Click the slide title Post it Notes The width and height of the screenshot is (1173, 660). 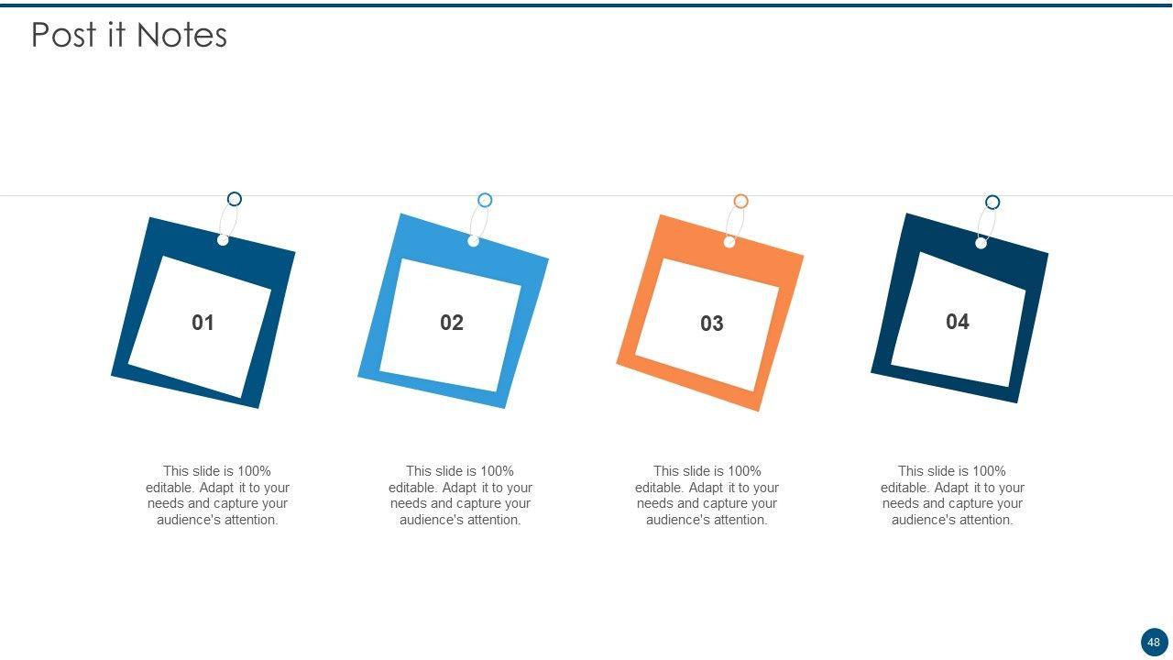[x=129, y=35]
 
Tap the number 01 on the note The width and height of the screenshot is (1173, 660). [x=203, y=323]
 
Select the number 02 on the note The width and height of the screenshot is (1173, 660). [x=452, y=323]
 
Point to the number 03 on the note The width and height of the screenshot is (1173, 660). [x=712, y=324]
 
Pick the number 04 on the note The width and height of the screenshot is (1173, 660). [x=958, y=322]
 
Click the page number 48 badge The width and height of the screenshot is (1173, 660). [x=1154, y=643]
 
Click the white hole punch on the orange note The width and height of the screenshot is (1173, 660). [x=729, y=242]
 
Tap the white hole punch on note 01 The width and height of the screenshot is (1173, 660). [x=223, y=240]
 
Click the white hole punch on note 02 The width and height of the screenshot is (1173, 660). [x=474, y=241]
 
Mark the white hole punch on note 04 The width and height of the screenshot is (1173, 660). [x=981, y=243]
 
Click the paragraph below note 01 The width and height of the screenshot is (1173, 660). [x=217, y=495]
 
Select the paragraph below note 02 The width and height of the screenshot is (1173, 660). [x=460, y=495]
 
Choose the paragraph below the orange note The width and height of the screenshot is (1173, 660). [x=707, y=495]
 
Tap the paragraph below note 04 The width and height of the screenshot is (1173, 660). [x=952, y=495]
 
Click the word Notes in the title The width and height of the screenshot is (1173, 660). [x=181, y=35]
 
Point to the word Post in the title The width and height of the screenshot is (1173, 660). [x=64, y=35]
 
